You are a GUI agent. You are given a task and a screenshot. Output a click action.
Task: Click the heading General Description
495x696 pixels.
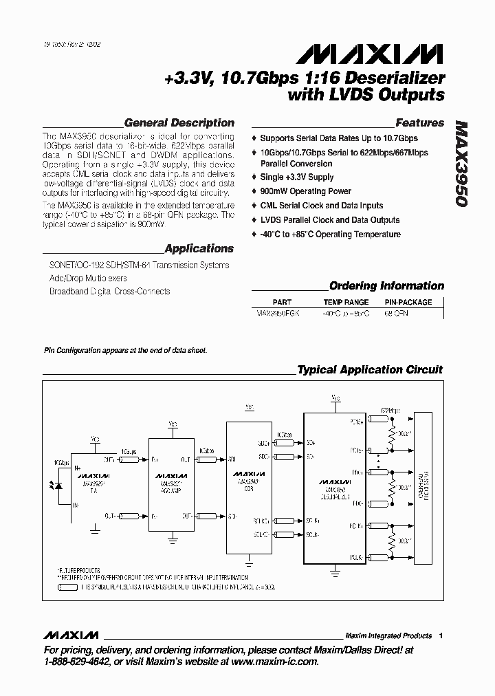179,123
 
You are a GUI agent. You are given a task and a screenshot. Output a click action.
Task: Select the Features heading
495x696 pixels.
420,123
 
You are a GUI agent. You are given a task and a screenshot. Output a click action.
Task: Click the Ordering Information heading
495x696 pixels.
386,286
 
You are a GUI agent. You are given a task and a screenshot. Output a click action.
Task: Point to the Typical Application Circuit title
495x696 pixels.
370,370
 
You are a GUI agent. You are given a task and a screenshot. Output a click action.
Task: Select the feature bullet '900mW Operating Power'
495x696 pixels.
305,191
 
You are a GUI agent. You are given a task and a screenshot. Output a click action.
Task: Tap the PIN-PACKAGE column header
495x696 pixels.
408,302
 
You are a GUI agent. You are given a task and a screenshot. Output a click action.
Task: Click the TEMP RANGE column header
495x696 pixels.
346,302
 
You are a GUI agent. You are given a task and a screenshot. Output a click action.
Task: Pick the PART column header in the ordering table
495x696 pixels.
282,302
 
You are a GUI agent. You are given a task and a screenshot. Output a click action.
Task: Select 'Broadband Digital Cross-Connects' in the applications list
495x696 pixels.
109,292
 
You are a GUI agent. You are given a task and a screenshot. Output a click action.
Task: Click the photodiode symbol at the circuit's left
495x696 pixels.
57,483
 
